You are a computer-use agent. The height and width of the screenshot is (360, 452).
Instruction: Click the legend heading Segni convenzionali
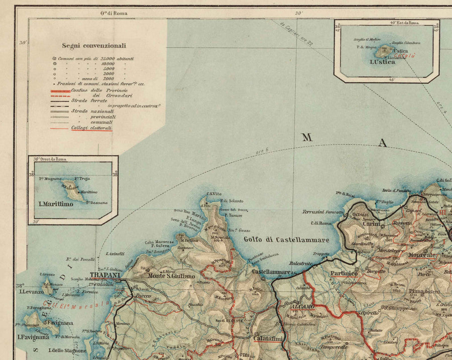[94, 45]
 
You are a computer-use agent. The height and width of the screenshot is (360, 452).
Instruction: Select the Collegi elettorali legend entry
[91, 128]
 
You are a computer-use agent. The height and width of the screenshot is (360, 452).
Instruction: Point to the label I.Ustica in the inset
[382, 62]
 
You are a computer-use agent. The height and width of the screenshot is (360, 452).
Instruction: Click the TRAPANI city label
[105, 276]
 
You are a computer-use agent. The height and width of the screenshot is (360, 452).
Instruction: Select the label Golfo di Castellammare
[286, 239]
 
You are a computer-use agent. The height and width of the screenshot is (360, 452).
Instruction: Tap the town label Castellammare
[271, 272]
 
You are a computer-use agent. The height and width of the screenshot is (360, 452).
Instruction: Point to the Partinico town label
[344, 274]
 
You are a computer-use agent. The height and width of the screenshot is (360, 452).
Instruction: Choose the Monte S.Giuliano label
[171, 276]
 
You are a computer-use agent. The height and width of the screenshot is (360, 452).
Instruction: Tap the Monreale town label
[422, 255]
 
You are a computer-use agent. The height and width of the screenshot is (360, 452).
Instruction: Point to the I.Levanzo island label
[29, 291]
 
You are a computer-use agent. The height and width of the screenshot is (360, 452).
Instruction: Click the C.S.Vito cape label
[214, 194]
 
